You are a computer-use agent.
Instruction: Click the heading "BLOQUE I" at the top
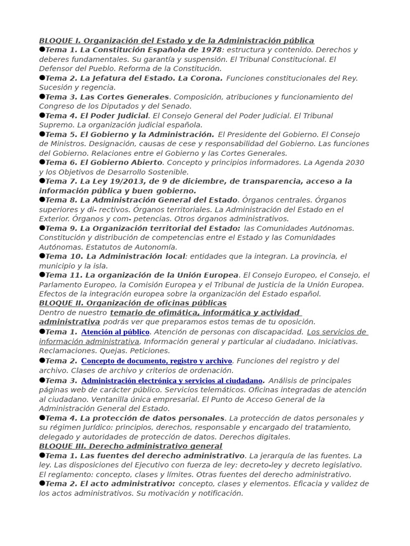click(x=59, y=41)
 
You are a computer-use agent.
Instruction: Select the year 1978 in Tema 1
click(x=210, y=50)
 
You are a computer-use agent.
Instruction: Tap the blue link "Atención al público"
click(x=115, y=332)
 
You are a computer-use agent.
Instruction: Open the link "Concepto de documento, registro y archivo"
click(x=156, y=361)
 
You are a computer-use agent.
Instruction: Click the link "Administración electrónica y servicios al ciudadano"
click(x=172, y=381)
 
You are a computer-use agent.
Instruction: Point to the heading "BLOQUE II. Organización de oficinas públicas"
click(x=132, y=303)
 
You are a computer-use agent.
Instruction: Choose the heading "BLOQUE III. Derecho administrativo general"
click(x=130, y=446)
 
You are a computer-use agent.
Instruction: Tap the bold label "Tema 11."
click(x=64, y=275)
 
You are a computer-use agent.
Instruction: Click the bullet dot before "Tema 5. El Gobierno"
click(x=42, y=134)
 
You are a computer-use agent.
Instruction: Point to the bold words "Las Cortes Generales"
click(x=124, y=97)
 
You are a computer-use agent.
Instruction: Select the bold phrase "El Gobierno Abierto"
click(x=121, y=163)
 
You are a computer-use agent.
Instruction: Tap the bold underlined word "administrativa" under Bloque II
click(x=69, y=322)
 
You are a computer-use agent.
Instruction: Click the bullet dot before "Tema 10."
click(x=42, y=256)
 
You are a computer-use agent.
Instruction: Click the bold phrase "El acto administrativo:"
click(x=128, y=484)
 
